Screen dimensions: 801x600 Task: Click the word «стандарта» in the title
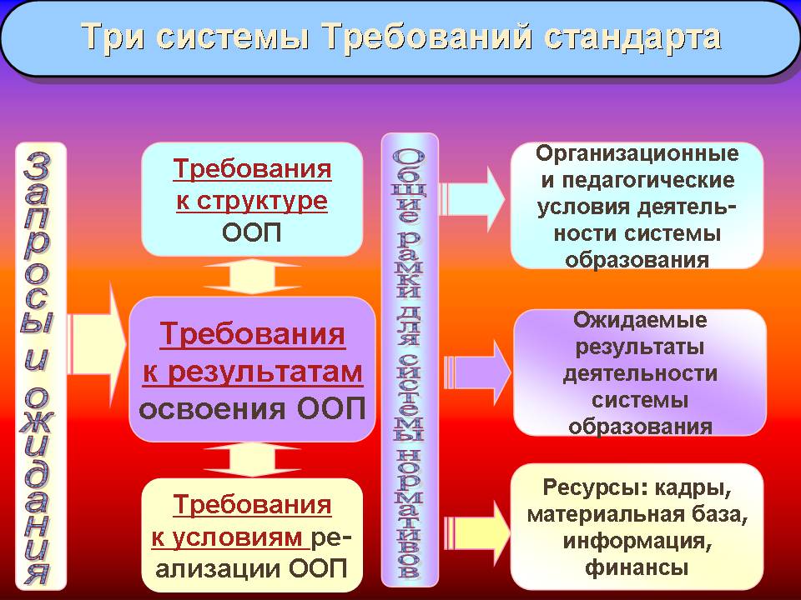(632, 37)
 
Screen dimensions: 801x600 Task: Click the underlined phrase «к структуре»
(252, 201)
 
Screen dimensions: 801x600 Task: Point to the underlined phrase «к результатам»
(252, 372)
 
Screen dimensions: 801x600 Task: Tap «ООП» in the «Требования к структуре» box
(252, 232)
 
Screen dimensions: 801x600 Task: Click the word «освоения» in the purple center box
(212, 409)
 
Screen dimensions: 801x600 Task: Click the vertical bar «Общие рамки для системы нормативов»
(410, 360)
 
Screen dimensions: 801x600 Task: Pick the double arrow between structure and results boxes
(252, 277)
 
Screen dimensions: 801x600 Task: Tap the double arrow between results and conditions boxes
(252, 459)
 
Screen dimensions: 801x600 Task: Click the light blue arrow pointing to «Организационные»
(472, 199)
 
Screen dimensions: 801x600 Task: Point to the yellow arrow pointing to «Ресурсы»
(477, 532)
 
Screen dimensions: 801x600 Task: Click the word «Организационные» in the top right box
(637, 153)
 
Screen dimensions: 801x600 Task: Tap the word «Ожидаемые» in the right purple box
(640, 320)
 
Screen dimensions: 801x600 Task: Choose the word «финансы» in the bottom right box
(637, 567)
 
